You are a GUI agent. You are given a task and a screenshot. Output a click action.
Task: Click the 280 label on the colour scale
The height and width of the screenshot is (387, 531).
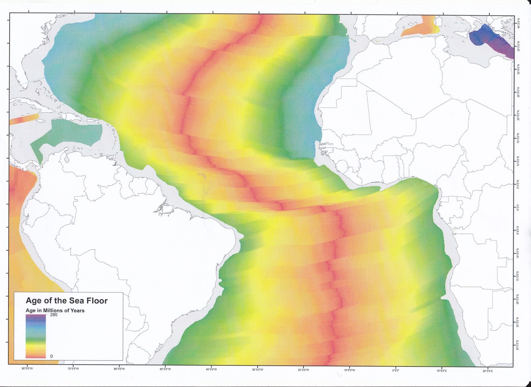tap(53, 315)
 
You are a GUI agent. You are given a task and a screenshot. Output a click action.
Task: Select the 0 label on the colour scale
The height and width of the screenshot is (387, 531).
tap(51, 356)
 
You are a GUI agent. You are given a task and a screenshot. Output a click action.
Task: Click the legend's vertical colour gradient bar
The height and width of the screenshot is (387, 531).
tap(36, 336)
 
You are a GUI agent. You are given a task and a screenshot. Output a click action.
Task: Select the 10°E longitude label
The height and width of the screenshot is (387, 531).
tap(441, 369)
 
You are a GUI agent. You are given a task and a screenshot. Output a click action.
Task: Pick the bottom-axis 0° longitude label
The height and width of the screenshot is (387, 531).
tap(396, 369)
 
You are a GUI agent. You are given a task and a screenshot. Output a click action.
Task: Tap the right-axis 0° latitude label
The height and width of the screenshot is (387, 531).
tap(518, 208)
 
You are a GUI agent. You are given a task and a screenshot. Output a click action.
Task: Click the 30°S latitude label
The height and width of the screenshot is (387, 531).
tap(518, 346)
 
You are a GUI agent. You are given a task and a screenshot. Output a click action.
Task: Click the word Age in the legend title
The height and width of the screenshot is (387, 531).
tap(34, 301)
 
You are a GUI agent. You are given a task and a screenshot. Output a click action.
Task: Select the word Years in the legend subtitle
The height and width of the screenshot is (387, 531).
tap(78, 311)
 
